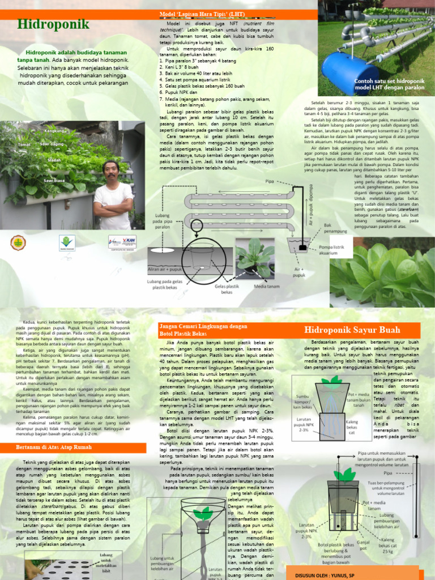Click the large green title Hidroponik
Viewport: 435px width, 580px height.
[x=53, y=24]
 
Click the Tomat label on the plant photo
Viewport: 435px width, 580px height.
[x=24, y=145]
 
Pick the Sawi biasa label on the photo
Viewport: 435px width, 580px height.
[x=56, y=181]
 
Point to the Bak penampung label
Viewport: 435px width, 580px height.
[x=335, y=228]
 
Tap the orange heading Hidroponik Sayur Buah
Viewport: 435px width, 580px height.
[x=352, y=330]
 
